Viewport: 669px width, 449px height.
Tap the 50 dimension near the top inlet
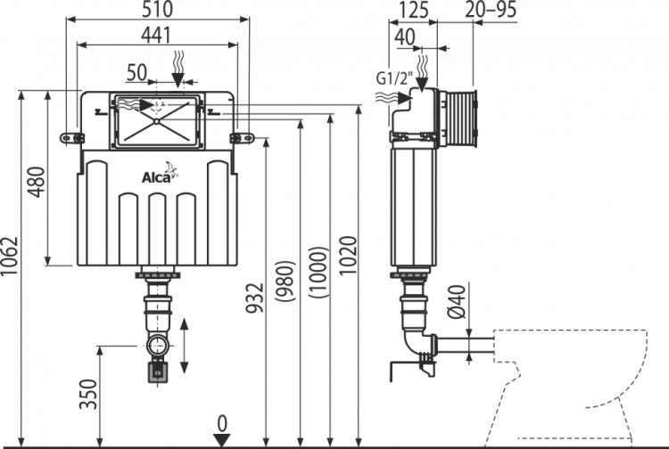136,69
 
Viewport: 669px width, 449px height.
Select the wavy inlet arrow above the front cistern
178,68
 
